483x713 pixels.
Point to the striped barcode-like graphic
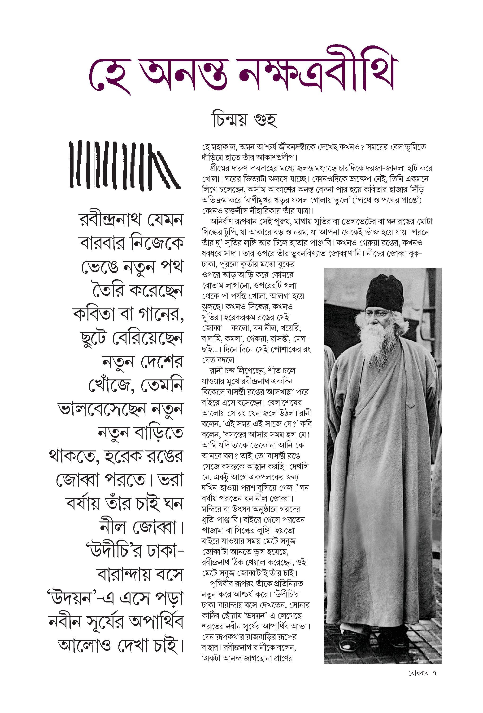124,165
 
